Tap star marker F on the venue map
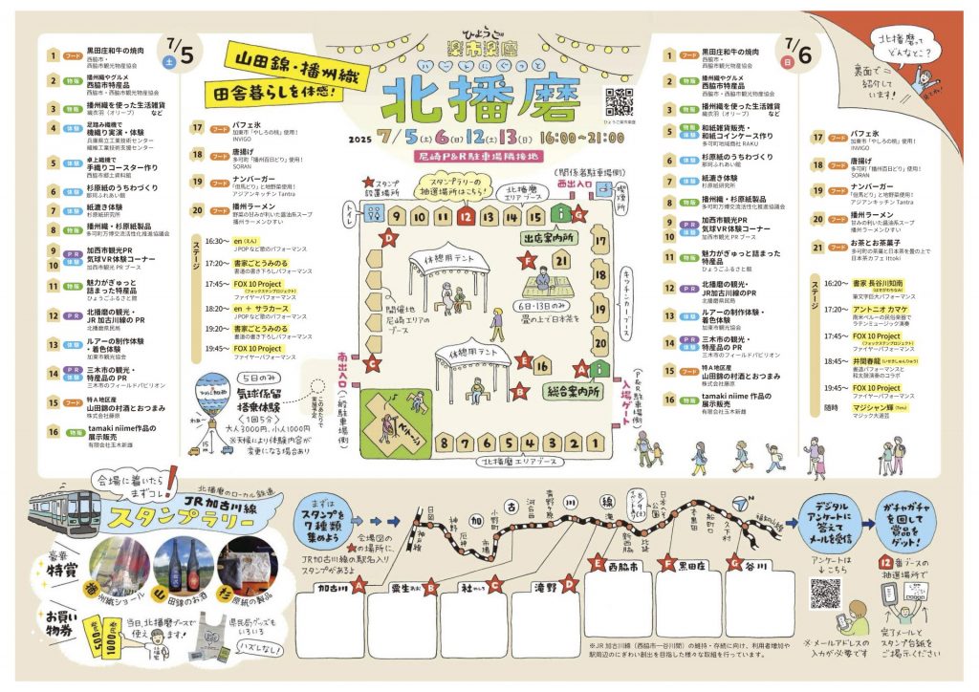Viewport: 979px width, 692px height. [525, 259]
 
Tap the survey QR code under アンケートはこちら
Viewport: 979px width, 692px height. [825, 593]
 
